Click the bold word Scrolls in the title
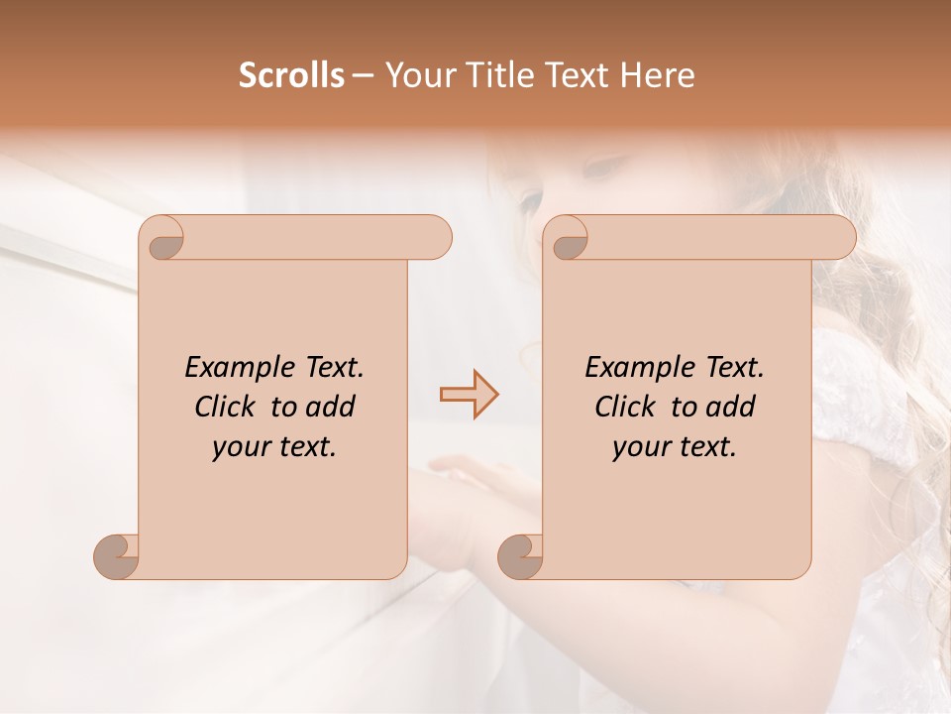pyautogui.click(x=291, y=75)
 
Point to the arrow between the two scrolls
pyautogui.click(x=469, y=394)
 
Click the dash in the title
pyautogui.click(x=364, y=75)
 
